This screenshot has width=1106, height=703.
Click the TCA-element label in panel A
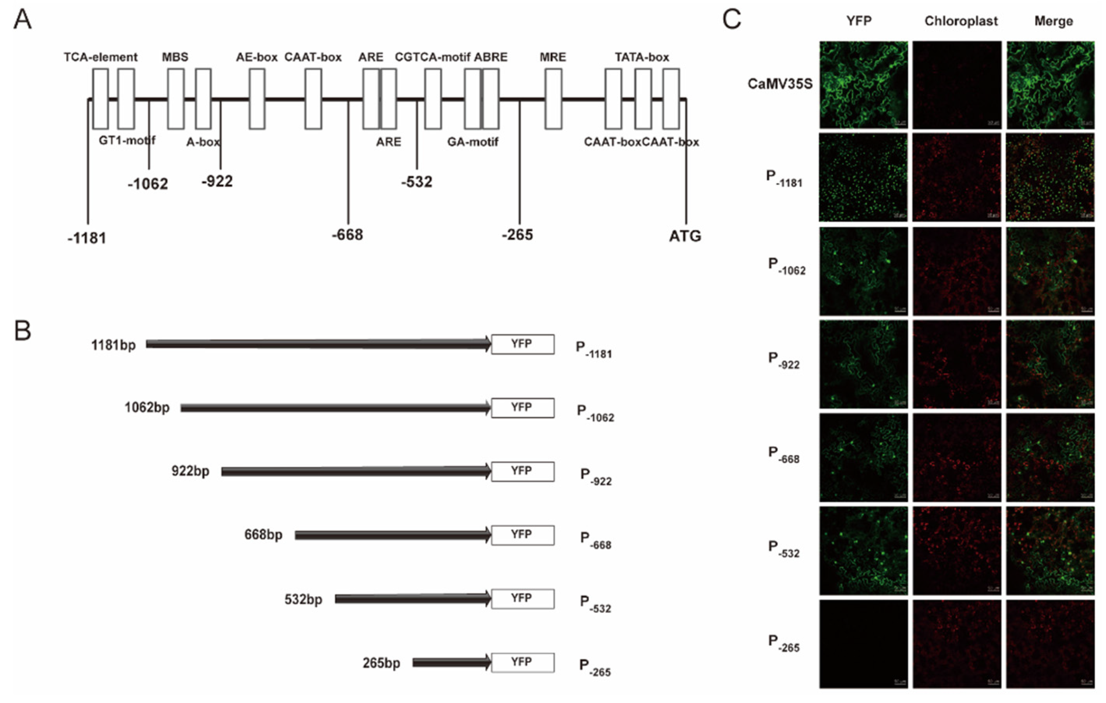pos(100,57)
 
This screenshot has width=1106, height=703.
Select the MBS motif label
pos(175,57)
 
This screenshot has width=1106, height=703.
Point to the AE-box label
pos(257,57)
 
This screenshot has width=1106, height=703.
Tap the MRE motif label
pos(552,57)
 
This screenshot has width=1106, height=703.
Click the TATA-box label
pos(642,57)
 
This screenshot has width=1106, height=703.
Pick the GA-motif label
pos(472,142)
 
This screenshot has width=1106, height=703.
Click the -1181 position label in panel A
pos(87,238)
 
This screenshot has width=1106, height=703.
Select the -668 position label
pos(348,235)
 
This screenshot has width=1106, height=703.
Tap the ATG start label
pos(685,236)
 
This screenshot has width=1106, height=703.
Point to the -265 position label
pos(517,235)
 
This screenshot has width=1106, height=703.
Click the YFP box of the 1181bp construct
pos(523,344)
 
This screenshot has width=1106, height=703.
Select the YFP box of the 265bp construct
pos(523,662)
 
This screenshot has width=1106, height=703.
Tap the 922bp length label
pos(190,471)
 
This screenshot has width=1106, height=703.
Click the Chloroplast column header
pos(961,21)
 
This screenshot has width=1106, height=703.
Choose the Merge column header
pos(1054,21)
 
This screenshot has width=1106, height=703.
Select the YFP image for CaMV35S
pos(864,85)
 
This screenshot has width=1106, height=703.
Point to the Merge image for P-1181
pos(1050,178)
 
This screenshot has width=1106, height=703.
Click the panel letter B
pos(23,330)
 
